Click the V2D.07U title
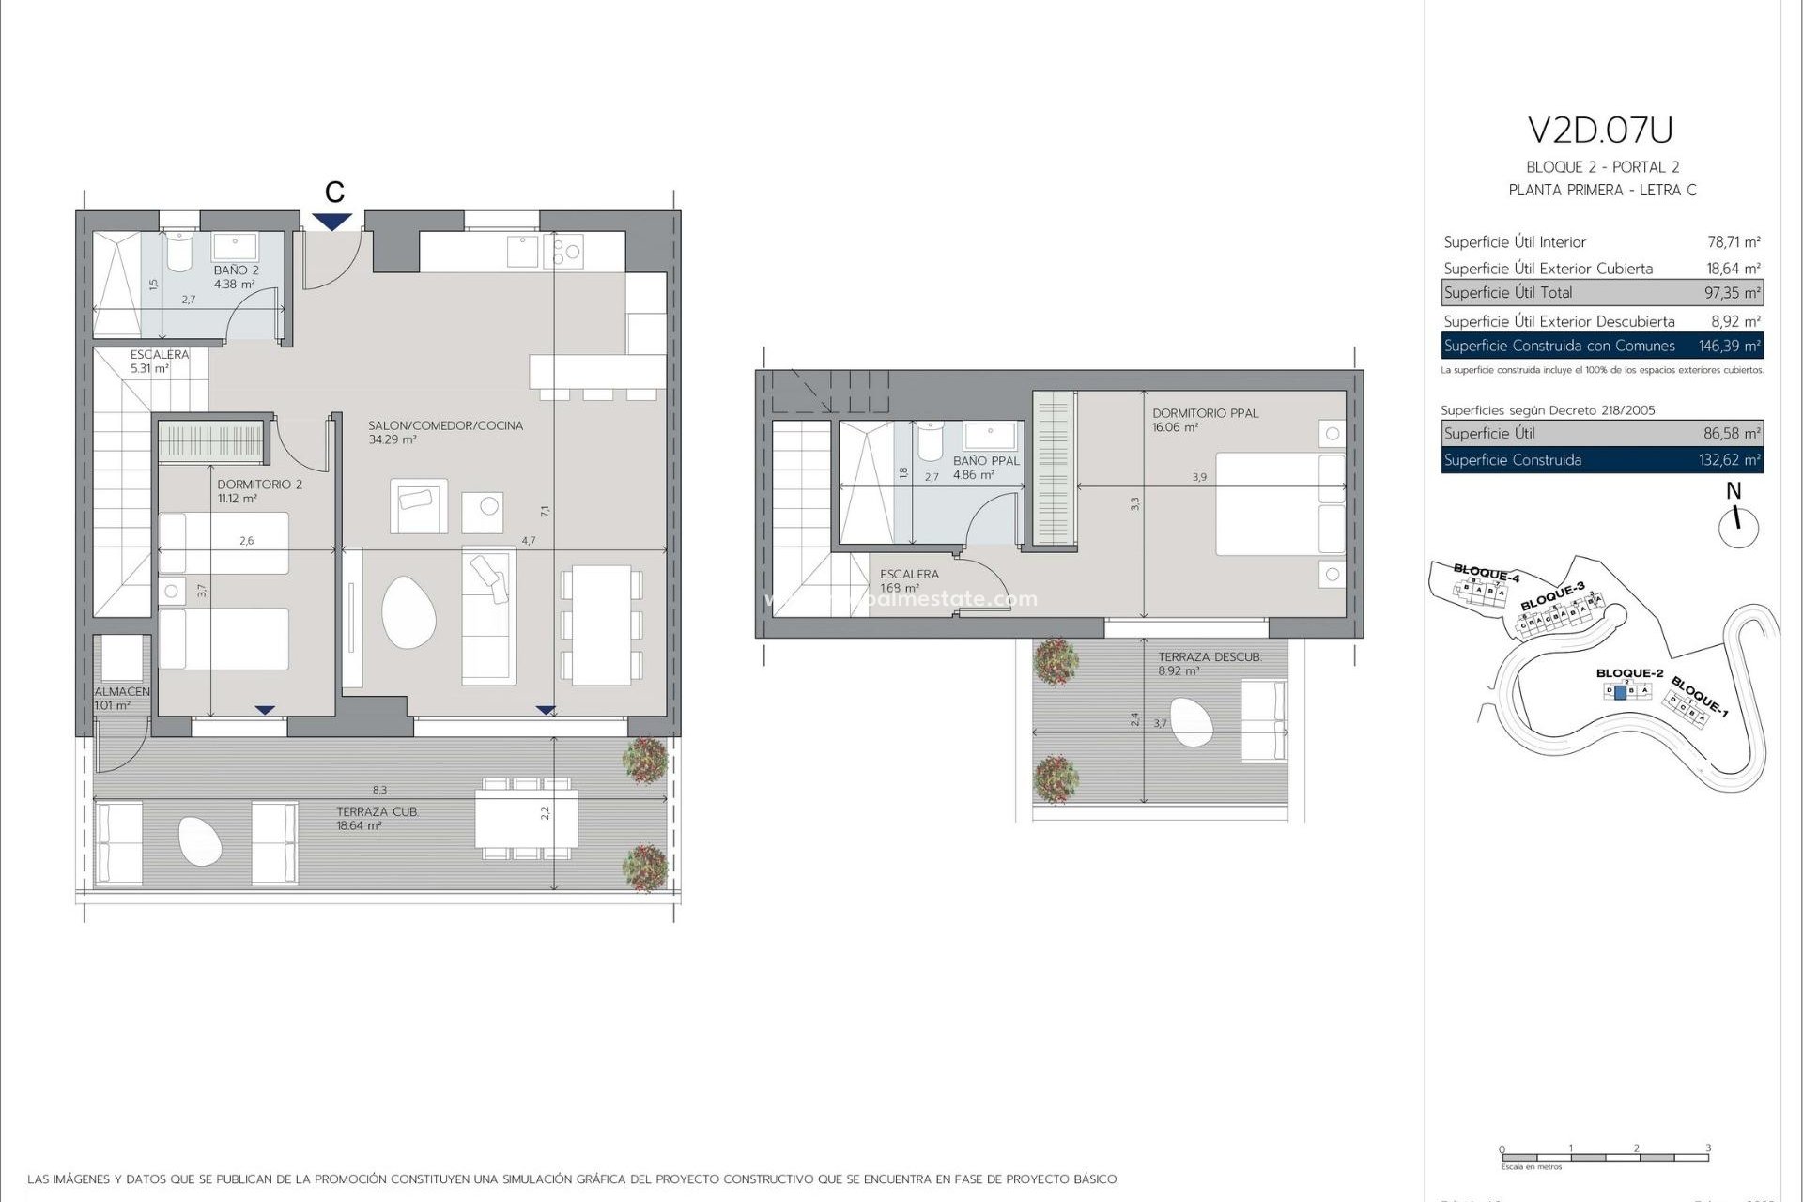(1600, 131)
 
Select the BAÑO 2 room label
(236, 270)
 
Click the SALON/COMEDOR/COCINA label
(445, 425)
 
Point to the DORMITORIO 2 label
(260, 485)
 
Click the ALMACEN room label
(122, 691)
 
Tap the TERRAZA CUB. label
(378, 811)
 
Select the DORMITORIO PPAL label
(1205, 413)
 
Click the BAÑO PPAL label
(986, 461)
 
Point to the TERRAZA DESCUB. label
(1210, 657)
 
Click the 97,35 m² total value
(1732, 293)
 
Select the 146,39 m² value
(1729, 346)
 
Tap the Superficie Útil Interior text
(1514, 242)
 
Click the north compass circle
(1738, 528)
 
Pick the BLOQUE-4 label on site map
(1486, 572)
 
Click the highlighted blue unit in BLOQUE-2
(1620, 691)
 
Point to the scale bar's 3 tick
(1708, 1148)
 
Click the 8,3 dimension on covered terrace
(379, 791)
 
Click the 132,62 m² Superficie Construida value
(1732, 460)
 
